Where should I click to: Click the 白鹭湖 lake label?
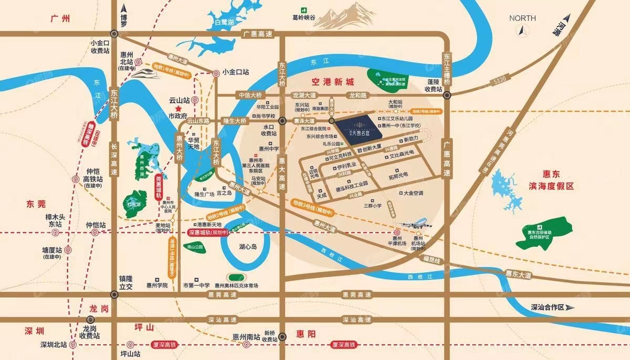click(x=224, y=22)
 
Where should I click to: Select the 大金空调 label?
click(x=414, y=193)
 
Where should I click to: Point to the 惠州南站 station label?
click(x=245, y=337)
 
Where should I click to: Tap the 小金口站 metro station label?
click(x=236, y=72)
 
